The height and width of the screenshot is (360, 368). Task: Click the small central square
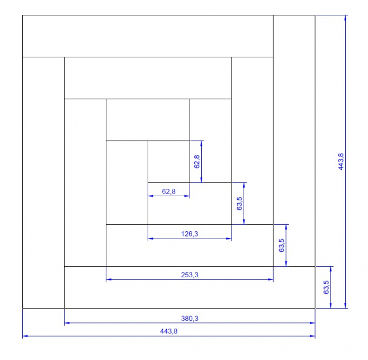[169, 162]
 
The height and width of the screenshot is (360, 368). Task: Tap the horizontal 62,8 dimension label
[169, 191]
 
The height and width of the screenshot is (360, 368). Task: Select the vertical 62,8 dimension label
[197, 162]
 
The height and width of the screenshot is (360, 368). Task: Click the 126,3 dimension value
[190, 234]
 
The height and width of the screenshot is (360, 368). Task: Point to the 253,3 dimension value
[190, 275]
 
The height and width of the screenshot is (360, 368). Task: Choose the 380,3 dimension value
[190, 319]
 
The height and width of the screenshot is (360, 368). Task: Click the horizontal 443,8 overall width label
[169, 331]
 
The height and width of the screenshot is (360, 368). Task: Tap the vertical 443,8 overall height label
[341, 162]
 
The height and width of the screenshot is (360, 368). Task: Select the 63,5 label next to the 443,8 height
[326, 287]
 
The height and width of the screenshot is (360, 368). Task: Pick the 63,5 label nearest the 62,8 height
[239, 204]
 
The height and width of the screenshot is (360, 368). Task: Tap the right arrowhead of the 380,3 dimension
[312, 323]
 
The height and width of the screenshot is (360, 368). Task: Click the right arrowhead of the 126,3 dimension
[229, 239]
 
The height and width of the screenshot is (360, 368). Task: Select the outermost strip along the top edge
[148, 36]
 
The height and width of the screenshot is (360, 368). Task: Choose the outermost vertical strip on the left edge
[43, 182]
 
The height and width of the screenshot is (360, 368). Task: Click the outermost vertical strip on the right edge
[294, 141]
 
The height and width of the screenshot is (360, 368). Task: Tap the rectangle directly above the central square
[148, 120]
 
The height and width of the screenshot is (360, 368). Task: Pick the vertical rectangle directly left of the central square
[127, 182]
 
